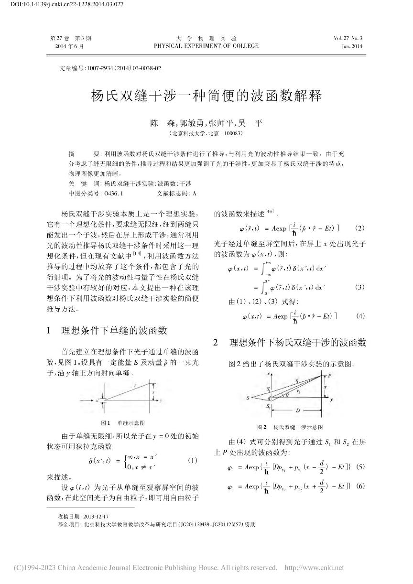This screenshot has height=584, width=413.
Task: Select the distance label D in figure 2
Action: (297, 411)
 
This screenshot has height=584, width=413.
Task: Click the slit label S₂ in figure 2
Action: (269, 406)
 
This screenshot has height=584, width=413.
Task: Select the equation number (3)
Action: (360, 287)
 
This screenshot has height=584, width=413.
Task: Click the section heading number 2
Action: (216, 342)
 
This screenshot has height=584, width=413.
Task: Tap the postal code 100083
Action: (233, 133)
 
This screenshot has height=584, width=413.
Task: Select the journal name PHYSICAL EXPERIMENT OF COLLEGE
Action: (206, 46)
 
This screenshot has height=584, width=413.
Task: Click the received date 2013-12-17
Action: (96, 517)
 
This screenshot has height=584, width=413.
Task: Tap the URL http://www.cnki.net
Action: (314, 568)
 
